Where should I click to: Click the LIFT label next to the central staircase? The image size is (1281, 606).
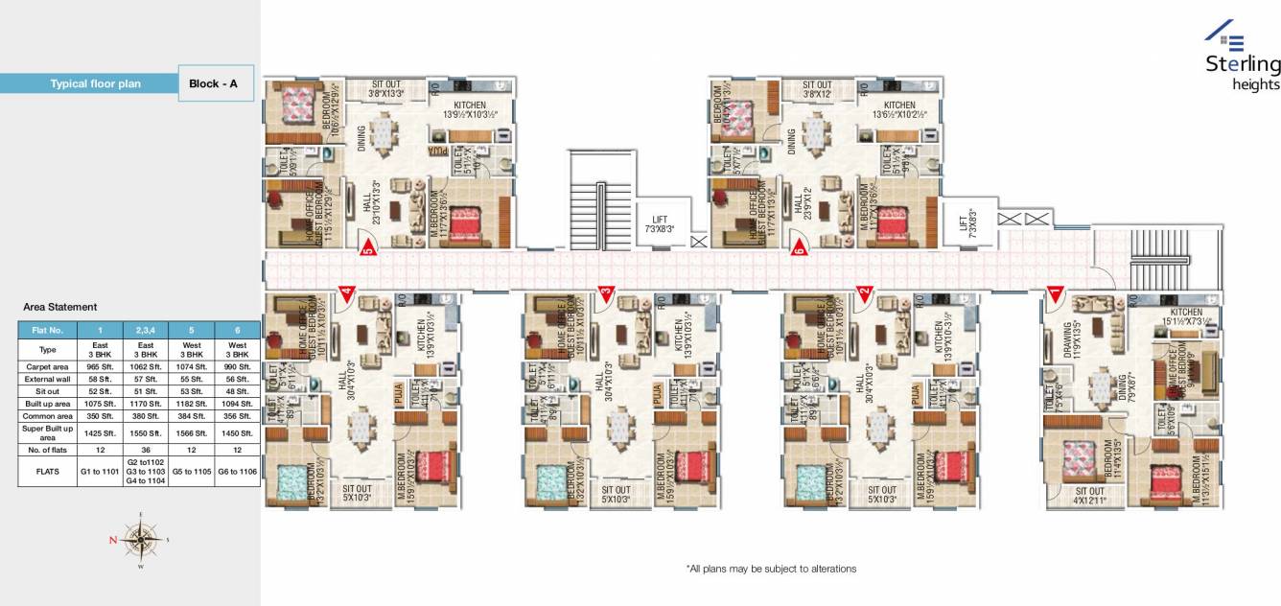(x=662, y=224)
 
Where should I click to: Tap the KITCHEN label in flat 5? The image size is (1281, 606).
(x=470, y=109)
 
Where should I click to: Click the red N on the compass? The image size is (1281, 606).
(x=113, y=541)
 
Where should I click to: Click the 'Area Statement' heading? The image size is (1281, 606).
(x=59, y=307)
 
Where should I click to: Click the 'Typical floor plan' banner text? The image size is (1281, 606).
(x=96, y=84)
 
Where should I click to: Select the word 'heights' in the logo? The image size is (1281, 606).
(x=1256, y=84)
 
